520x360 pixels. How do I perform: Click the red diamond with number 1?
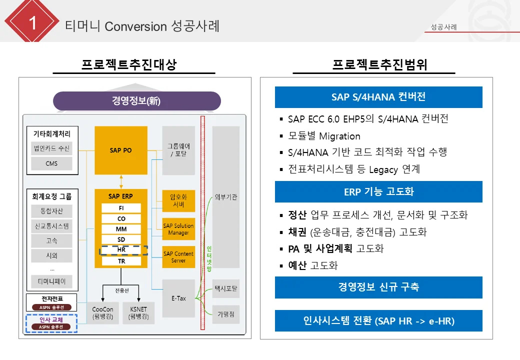pyautogui.click(x=32, y=23)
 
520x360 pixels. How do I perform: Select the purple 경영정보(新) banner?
pyautogui.click(x=136, y=101)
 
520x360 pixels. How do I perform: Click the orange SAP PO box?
pyautogui.click(x=121, y=150)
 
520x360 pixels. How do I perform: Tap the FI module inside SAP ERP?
pyautogui.click(x=121, y=208)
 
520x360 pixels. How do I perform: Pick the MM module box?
pyautogui.click(x=121, y=229)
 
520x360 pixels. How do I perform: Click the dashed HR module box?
pyautogui.click(x=122, y=250)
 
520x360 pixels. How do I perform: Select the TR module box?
pyautogui.click(x=121, y=261)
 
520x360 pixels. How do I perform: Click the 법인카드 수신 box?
pyautogui.click(x=51, y=148)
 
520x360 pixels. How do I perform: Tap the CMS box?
pyautogui.click(x=51, y=163)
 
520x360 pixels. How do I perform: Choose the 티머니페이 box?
pyautogui.click(x=51, y=281)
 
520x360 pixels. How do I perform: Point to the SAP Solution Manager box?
pyautogui.click(x=178, y=229)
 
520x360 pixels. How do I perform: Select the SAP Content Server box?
pyautogui.click(x=178, y=257)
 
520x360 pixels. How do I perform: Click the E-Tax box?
pyautogui.click(x=178, y=298)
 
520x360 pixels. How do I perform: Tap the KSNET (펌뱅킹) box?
pyautogui.click(x=138, y=313)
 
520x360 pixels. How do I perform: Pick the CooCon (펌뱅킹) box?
pyautogui.click(x=102, y=313)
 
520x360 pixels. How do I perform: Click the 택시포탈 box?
pyautogui.click(x=226, y=288)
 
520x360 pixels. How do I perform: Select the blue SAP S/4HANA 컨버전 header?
pyautogui.click(x=378, y=97)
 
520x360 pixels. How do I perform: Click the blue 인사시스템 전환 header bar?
pyautogui.click(x=378, y=320)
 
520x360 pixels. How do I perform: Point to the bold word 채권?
pyautogui.click(x=297, y=232)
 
